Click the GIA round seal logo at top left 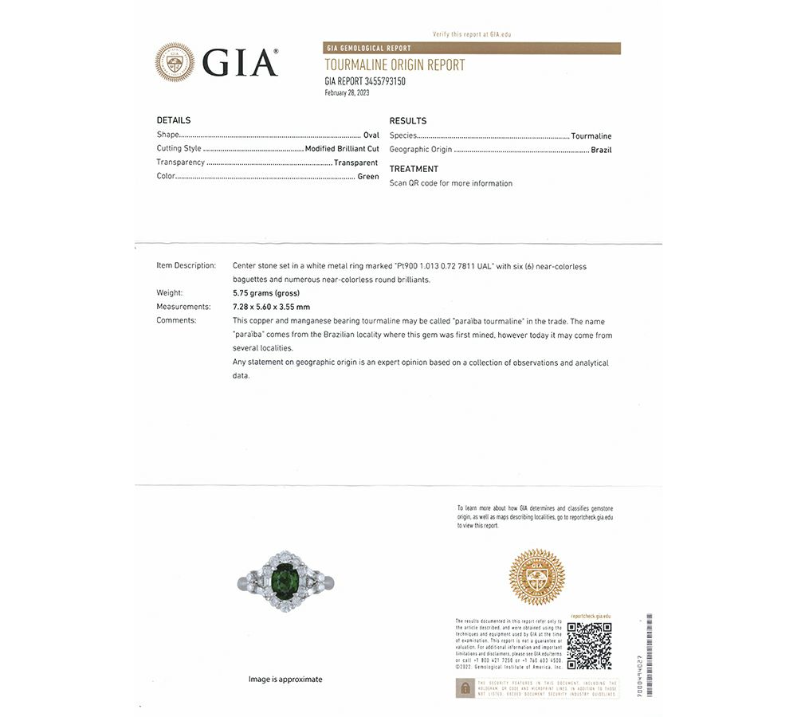point(175,62)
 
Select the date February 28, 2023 point(347,92)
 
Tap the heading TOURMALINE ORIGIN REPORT point(395,65)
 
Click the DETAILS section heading point(173,120)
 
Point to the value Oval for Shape point(371,135)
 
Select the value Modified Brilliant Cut point(342,148)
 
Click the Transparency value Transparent point(355,163)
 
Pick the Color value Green point(368,176)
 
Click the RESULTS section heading point(407,121)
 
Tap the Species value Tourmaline point(591,136)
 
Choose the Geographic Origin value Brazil point(601,150)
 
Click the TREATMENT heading point(414,169)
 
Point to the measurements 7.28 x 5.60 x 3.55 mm point(271,307)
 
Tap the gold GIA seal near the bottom point(536,576)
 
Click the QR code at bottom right point(589,645)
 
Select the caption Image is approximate point(285,679)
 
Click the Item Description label point(186,266)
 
